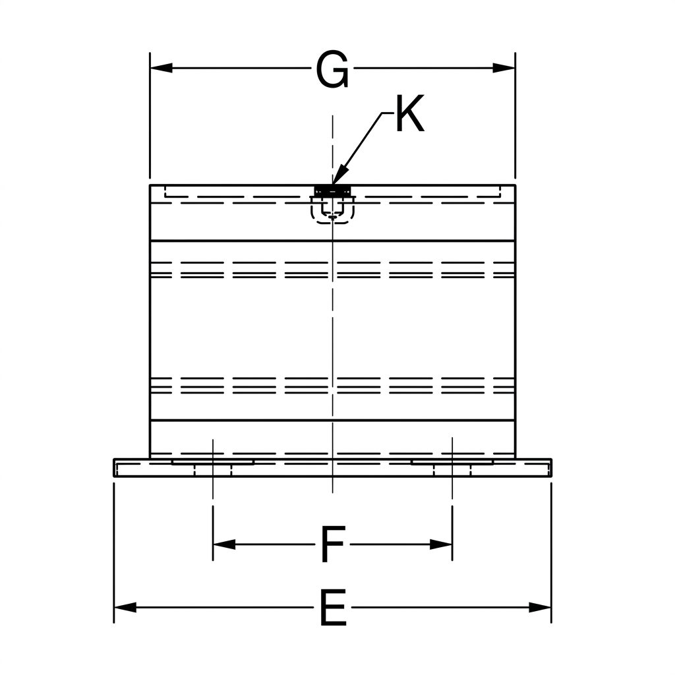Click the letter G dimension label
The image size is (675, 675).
coord(332,70)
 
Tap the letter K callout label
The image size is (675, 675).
coord(410,113)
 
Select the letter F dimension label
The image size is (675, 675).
coord(333,544)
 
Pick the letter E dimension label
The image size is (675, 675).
coord(333,607)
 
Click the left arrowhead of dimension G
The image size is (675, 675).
coord(161,68)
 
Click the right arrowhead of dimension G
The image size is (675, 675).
coord(504,68)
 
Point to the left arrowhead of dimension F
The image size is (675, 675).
coord(224,544)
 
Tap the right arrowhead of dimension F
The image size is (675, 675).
coord(441,544)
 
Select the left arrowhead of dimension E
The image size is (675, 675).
coord(125,607)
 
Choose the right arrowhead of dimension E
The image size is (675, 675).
coord(540,607)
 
